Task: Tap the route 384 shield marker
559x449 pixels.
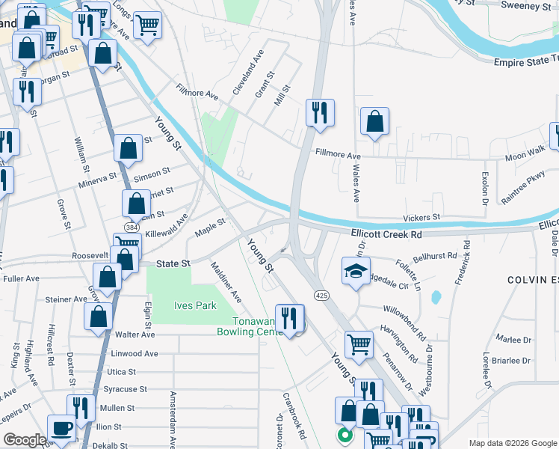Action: pos(132,227)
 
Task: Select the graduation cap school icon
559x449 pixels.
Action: pos(356,272)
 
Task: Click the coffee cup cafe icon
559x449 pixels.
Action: pos(61,430)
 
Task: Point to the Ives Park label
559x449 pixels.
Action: pos(195,305)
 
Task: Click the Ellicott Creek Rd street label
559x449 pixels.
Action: pos(386,234)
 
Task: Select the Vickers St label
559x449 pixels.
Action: pos(422,217)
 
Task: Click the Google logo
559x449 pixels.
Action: pos(25,440)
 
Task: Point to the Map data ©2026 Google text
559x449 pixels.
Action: pos(512,443)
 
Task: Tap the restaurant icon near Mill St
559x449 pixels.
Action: pos(320,114)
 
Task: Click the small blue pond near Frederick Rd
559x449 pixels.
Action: pos(436,297)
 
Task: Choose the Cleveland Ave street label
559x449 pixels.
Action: pos(248,72)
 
